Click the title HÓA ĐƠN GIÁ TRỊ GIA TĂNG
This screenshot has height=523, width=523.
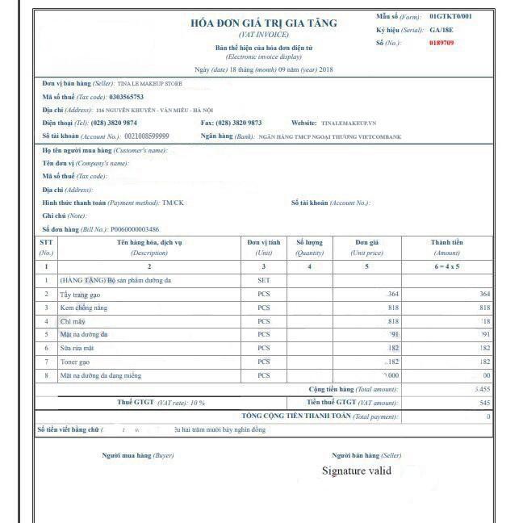click(263, 23)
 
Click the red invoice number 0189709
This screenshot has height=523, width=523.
click(442, 43)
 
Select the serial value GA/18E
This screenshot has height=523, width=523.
click(442, 30)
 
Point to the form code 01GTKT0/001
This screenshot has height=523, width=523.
click(451, 16)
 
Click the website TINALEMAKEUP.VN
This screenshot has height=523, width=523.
click(349, 123)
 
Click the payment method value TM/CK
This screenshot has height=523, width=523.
click(173, 203)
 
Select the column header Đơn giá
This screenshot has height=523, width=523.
click(367, 242)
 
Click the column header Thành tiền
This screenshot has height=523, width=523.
click(446, 242)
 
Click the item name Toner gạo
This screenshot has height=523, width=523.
click(74, 362)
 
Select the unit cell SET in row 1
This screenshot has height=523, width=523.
click(263, 280)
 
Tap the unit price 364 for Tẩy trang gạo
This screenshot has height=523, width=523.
click(393, 294)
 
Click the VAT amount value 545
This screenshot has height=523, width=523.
click(484, 402)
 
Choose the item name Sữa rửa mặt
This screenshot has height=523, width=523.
click(76, 348)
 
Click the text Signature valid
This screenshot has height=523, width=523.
click(357, 471)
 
